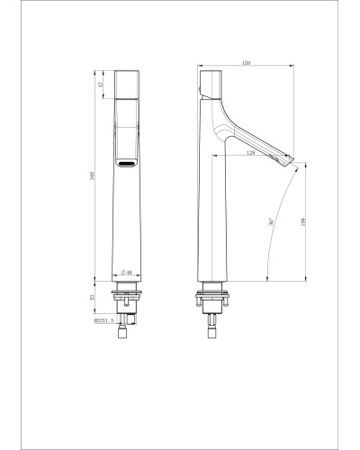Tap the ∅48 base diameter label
coord(126,273)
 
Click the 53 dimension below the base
coord(103,297)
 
